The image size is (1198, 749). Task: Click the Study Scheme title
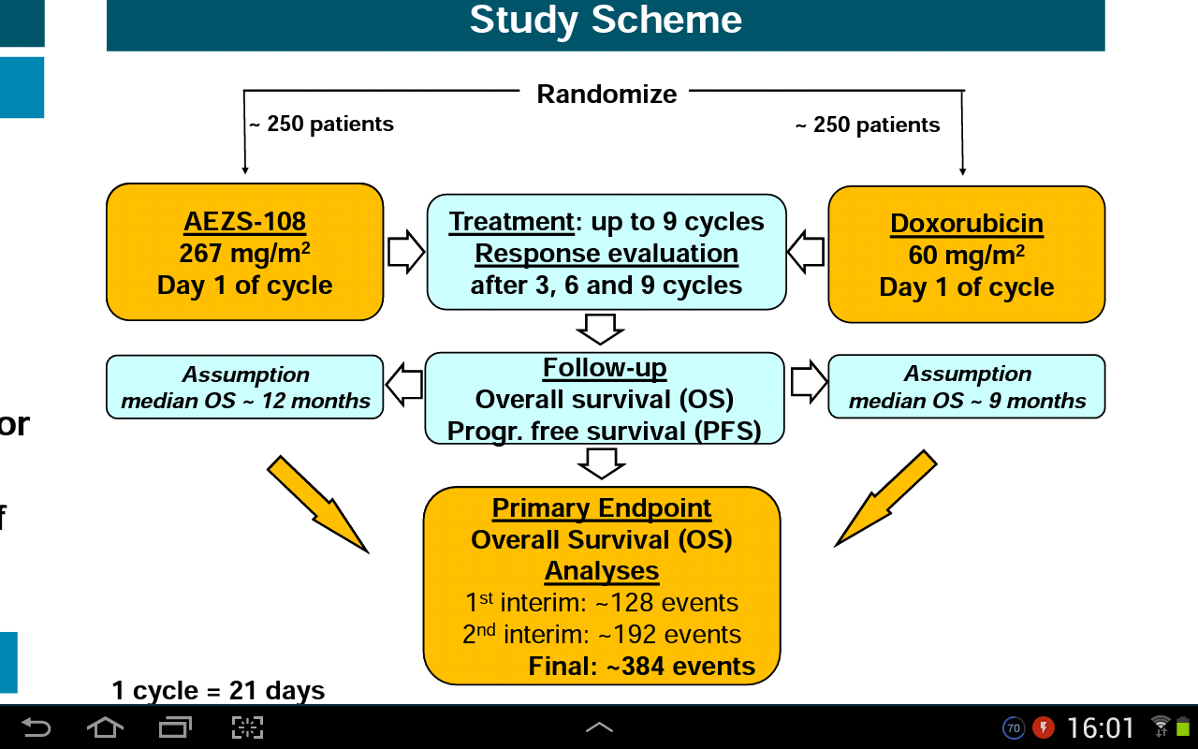point(606,21)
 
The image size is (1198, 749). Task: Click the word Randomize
point(606,95)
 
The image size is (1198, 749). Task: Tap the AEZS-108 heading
point(244,222)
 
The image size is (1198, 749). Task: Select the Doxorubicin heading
point(966,224)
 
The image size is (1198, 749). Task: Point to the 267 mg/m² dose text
point(244,254)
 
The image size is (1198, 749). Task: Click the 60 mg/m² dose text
point(966,256)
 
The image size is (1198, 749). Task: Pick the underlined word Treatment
point(511,222)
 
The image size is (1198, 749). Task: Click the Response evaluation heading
point(606,254)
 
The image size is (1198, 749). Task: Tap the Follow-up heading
point(605,368)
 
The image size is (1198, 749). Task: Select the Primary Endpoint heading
point(602,508)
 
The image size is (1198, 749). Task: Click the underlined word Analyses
point(602,571)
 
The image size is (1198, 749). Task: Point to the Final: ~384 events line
point(641,667)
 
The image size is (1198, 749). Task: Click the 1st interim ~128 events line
point(602,603)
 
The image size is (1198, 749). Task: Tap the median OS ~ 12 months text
point(245,402)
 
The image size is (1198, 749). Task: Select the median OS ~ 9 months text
point(967,401)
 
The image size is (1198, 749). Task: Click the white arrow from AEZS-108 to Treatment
point(405,253)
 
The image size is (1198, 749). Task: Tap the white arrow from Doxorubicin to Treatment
point(806,253)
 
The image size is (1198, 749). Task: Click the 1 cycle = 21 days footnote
point(218,691)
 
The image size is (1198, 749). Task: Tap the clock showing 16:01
point(1101,727)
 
